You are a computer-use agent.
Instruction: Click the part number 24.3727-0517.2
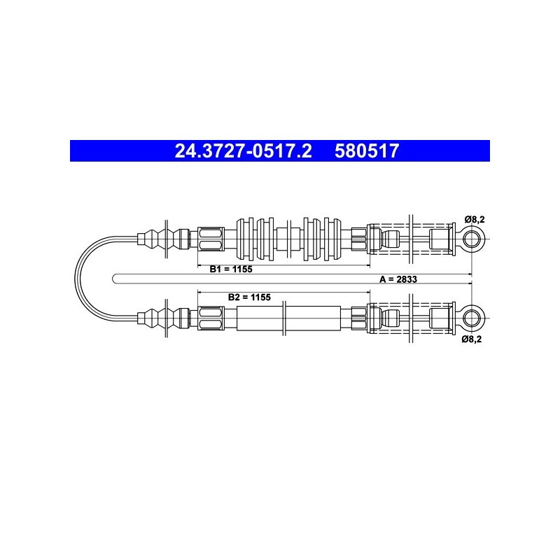[x=243, y=150]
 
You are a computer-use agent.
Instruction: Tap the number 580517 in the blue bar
[x=366, y=150]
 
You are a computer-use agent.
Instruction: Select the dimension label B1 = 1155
[x=231, y=269]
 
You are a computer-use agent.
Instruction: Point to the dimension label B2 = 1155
[x=249, y=297]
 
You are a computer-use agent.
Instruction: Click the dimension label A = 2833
[x=398, y=279]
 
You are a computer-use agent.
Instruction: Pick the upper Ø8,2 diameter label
[x=475, y=219]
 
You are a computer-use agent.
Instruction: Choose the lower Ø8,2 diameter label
[x=471, y=339]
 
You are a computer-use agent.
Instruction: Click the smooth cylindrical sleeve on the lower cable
[x=289, y=318]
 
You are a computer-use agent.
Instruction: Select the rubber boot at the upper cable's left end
[x=164, y=239]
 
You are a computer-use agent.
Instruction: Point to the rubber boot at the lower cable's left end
[x=164, y=318]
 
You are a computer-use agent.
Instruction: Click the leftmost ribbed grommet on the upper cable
[x=245, y=239]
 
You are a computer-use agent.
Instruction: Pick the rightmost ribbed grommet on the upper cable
[x=332, y=239]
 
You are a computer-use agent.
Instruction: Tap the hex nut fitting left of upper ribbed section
[x=211, y=239]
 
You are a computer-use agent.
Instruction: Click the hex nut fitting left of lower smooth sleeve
[x=211, y=318]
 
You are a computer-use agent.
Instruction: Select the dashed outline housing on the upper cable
[x=411, y=239]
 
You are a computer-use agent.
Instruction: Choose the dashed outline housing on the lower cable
[x=411, y=318]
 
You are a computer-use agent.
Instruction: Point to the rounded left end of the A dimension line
[x=113, y=279]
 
